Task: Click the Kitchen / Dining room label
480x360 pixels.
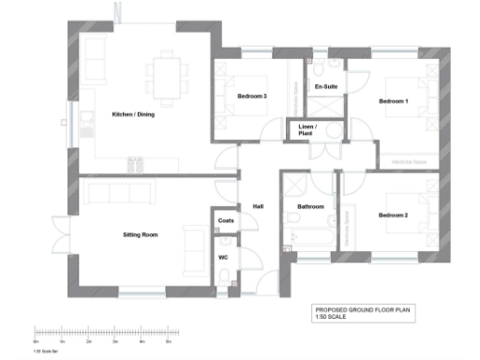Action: pos(134,114)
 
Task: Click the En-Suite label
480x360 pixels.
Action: pos(325,87)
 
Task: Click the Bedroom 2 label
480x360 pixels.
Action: pos(393,216)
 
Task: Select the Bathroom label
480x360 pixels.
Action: pos(310,206)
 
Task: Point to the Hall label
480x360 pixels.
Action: pos(258,207)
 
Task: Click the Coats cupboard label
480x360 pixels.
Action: pos(225,221)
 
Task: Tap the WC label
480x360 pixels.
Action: pos(223,256)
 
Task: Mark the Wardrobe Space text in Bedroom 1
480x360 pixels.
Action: pos(408,162)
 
